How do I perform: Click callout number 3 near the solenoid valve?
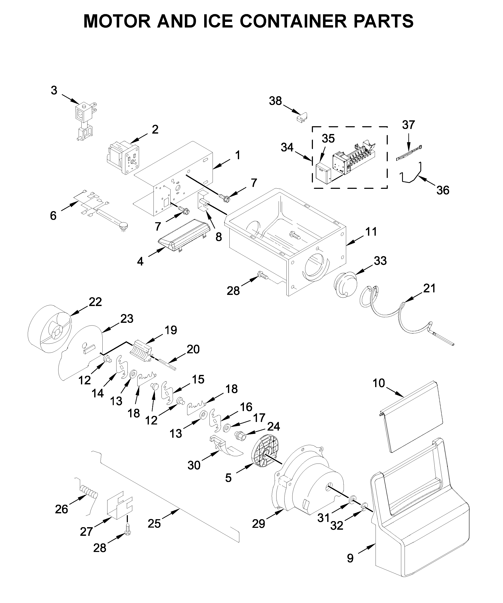[54, 91]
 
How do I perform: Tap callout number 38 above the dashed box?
[275, 101]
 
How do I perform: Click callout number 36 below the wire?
[443, 190]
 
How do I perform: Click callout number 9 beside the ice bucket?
[350, 558]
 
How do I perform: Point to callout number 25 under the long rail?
[154, 524]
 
